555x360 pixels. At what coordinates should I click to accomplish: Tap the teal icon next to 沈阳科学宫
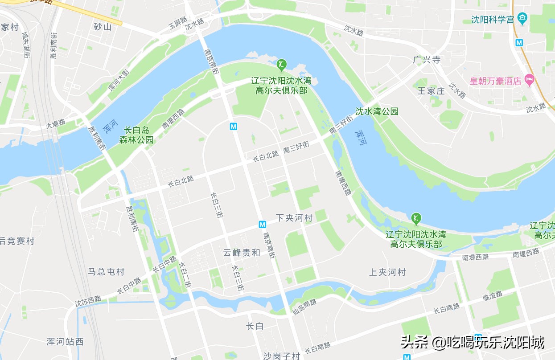tap(523, 19)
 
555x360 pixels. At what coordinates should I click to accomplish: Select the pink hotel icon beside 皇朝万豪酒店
tap(530, 81)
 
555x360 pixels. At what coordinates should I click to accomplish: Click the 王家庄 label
tap(431, 91)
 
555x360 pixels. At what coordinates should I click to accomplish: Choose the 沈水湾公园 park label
tap(377, 111)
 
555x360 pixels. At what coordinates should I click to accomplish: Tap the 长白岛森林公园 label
tap(136, 135)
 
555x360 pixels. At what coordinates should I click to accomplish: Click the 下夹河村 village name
tap(294, 218)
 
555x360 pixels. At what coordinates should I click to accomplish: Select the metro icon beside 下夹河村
tap(263, 224)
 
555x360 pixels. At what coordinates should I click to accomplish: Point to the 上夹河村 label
tap(387, 272)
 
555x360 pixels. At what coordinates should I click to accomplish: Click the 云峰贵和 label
tap(242, 253)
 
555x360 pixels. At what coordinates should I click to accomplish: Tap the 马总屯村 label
tap(106, 272)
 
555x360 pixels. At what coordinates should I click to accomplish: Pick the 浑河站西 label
tap(65, 342)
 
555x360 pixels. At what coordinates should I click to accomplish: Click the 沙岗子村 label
tap(281, 356)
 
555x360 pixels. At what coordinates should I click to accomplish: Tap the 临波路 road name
tap(492, 295)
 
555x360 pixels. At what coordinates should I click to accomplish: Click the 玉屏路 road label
tap(177, 25)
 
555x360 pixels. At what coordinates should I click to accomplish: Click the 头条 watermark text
tap(415, 343)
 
